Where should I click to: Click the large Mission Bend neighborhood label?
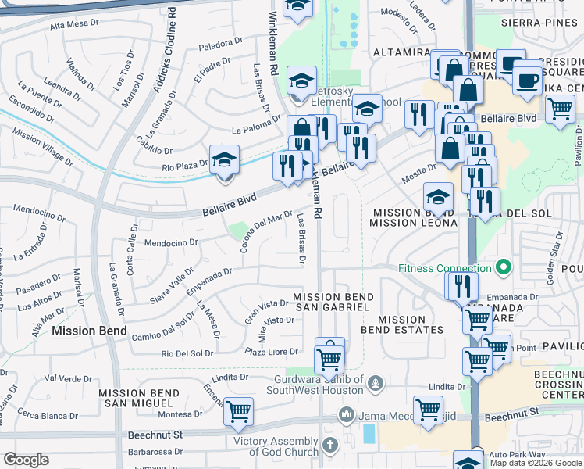coord(89,331)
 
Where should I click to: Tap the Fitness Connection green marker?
coord(503,268)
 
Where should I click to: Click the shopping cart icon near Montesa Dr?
coord(238,410)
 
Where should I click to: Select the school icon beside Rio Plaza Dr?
coord(224,160)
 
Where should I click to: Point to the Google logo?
coord(26,460)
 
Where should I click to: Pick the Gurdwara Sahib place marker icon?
coord(376,383)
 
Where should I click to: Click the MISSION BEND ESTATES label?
coord(401,324)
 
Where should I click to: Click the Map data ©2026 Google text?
coord(536,463)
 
